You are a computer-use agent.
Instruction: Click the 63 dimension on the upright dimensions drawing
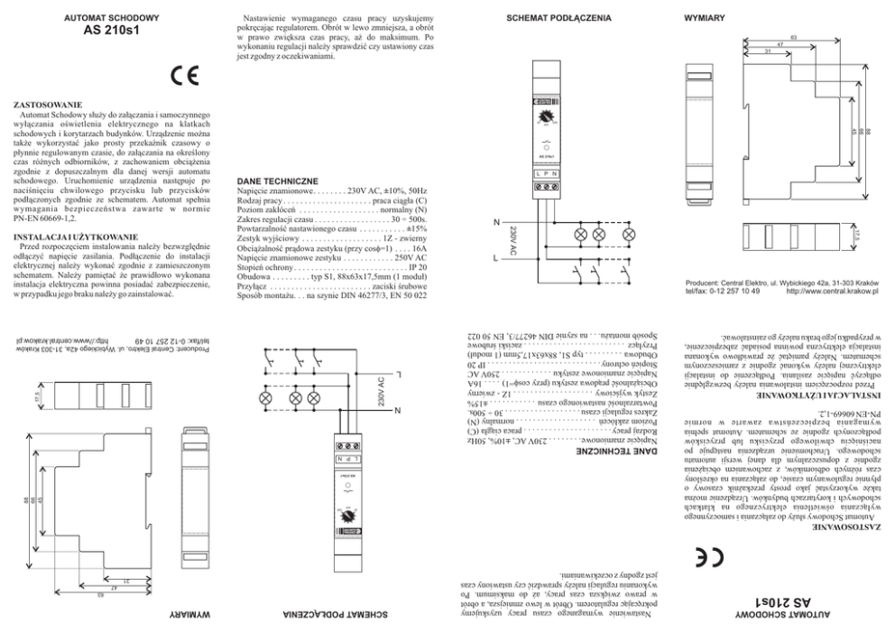tap(793, 36)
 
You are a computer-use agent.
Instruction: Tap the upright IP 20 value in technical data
tap(417, 268)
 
